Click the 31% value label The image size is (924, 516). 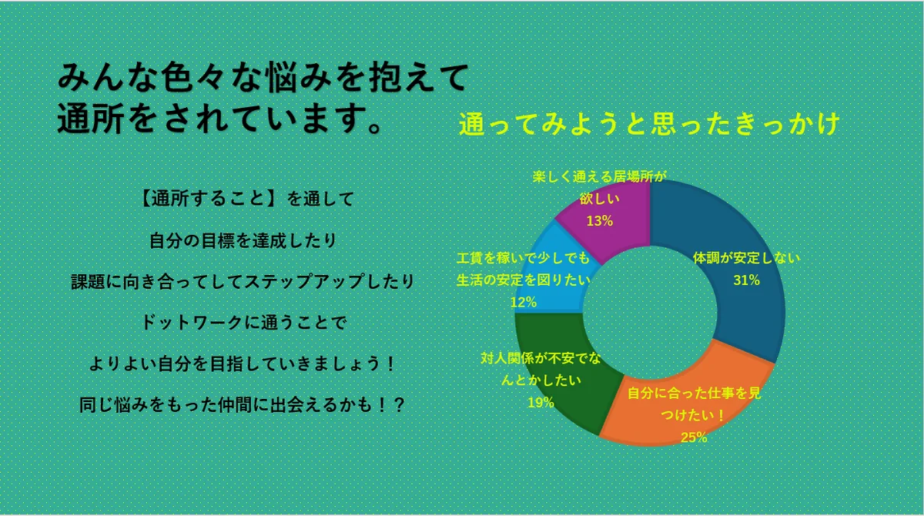pyautogui.click(x=747, y=280)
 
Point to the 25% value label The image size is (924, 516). pyautogui.click(x=694, y=437)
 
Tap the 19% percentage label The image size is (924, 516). pyautogui.click(x=541, y=403)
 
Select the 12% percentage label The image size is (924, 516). pyautogui.click(x=524, y=303)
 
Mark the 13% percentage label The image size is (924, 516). pyautogui.click(x=600, y=221)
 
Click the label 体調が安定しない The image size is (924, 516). pyautogui.click(x=746, y=258)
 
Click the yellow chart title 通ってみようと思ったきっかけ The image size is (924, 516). pyautogui.click(x=649, y=124)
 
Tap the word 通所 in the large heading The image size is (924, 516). pyautogui.click(x=91, y=119)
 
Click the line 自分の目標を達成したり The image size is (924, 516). pyautogui.click(x=243, y=240)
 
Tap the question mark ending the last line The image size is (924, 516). pyautogui.click(x=399, y=405)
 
